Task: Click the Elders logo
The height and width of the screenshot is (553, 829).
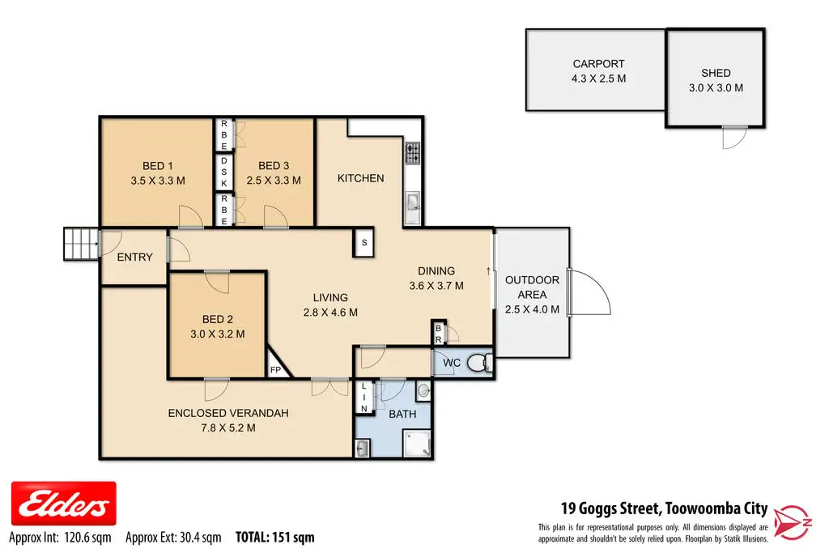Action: coord(63,504)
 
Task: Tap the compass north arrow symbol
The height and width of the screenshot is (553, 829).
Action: coord(793,522)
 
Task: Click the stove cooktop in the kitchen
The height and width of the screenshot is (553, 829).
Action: coord(413,153)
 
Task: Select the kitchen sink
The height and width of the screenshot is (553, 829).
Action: coord(413,202)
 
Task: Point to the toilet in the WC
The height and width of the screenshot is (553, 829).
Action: coord(479,362)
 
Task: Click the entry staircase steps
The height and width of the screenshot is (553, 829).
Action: coord(81,244)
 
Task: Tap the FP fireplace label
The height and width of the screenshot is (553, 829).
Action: coord(275,370)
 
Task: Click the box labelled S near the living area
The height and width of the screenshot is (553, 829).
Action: coord(363,243)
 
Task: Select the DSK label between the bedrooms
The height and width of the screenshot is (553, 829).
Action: coord(224,172)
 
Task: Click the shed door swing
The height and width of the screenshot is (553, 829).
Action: coord(735,138)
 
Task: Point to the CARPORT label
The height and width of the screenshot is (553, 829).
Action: coord(598,64)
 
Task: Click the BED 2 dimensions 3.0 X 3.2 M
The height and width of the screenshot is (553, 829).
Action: coord(217,334)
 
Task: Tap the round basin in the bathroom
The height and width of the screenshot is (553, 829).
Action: coord(423,391)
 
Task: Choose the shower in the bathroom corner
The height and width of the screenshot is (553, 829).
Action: coord(417,443)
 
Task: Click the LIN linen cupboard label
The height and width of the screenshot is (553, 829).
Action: coord(363,398)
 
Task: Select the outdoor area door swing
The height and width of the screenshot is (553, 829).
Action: coord(589,293)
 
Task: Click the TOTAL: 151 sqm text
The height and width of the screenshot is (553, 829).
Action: coord(275,538)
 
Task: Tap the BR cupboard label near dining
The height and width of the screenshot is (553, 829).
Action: coord(438,334)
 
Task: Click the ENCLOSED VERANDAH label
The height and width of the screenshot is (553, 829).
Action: coord(228,414)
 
